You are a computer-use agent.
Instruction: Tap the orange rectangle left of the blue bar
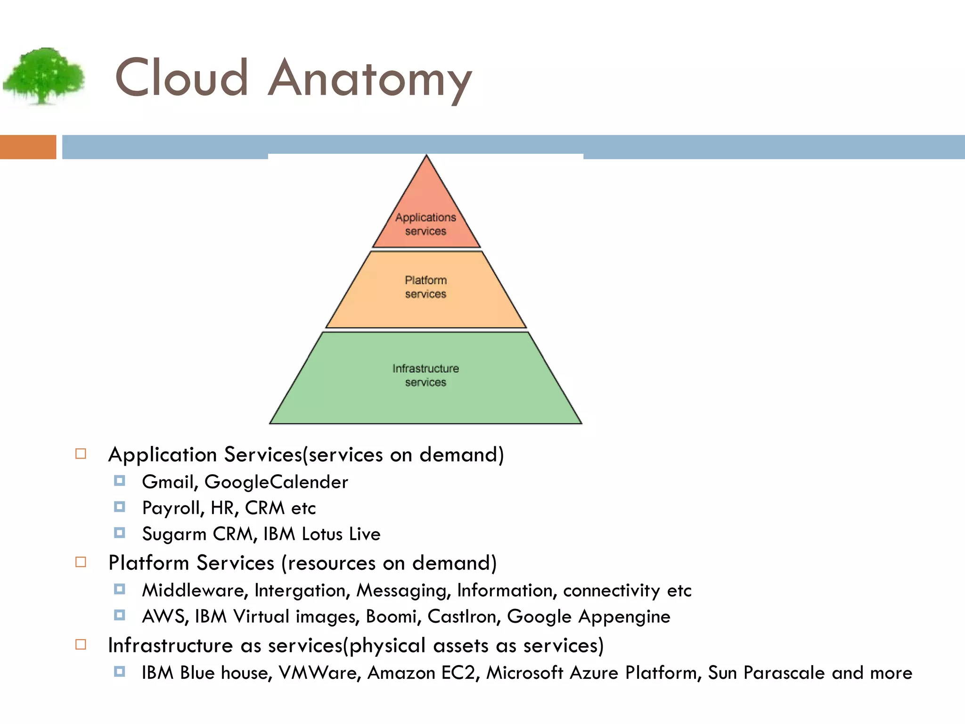pyautogui.click(x=28, y=147)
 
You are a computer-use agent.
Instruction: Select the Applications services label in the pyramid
pyautogui.click(x=425, y=224)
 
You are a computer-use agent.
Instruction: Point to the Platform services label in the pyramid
pyautogui.click(x=425, y=287)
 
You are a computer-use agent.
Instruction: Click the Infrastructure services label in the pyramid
pyautogui.click(x=425, y=375)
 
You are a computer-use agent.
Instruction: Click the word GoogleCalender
pyautogui.click(x=276, y=482)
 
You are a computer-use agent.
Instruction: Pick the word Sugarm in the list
pyautogui.click(x=174, y=534)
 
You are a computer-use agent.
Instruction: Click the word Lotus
pyautogui.click(x=322, y=534)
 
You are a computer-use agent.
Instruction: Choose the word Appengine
pyautogui.click(x=624, y=617)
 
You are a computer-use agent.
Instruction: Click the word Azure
pyautogui.click(x=594, y=673)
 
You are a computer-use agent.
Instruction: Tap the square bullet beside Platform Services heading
pyautogui.click(x=81, y=562)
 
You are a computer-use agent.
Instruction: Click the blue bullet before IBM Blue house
pyautogui.click(x=120, y=671)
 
